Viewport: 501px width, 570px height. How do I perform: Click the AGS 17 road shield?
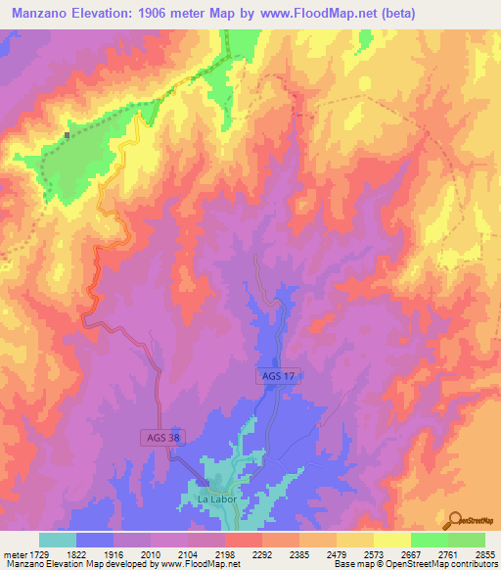(x=277, y=375)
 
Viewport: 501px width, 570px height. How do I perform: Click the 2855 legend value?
(x=484, y=554)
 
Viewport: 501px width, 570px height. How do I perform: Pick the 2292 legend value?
(x=261, y=554)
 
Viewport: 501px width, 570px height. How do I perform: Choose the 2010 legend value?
(x=150, y=554)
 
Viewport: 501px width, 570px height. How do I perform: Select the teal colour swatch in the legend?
(x=58, y=540)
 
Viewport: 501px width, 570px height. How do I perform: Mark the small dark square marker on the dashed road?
(x=67, y=135)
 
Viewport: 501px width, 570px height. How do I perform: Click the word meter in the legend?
(x=13, y=554)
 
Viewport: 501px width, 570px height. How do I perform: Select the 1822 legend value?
(x=75, y=554)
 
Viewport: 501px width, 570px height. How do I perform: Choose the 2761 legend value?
(x=447, y=554)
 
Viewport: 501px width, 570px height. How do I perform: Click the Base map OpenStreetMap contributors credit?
(x=415, y=564)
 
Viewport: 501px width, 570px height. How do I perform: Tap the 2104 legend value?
(x=187, y=554)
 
